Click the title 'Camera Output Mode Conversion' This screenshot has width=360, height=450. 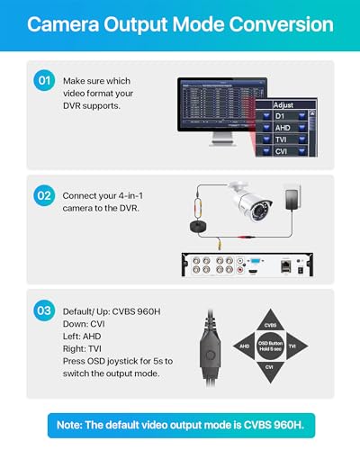180,24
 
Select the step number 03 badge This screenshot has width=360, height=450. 43,310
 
